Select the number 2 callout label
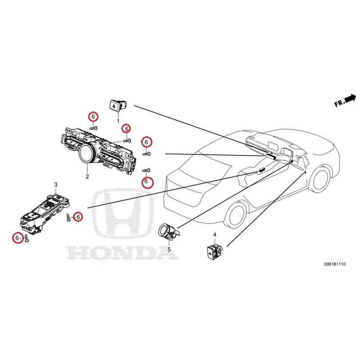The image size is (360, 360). pos(87,177)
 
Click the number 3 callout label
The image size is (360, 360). pos(55,184)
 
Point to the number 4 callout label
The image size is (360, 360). pos(215,235)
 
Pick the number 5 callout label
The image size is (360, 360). pos(169,249)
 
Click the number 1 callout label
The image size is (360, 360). pos(118,121)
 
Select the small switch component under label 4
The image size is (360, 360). pos(215,252)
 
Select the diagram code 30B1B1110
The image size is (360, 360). pos(334,264)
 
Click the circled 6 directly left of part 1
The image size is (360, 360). pos(93,117)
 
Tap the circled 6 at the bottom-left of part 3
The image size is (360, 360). pos(17,238)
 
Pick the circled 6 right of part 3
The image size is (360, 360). pos(78,217)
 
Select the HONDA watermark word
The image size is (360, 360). pos(122,253)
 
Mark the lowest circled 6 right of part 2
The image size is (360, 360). pos(146,182)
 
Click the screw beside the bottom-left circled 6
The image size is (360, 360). pos(27,238)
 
